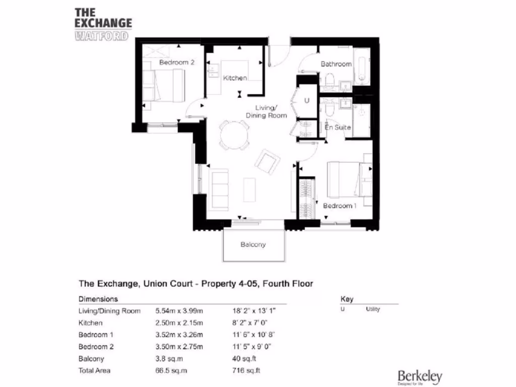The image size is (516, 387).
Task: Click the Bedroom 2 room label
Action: (177, 62)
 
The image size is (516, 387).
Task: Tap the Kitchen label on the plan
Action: (235, 78)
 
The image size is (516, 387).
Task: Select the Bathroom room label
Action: (336, 64)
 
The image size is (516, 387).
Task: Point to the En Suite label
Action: (338, 127)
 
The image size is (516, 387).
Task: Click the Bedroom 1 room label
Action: (340, 206)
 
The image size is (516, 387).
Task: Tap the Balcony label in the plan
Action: (253, 244)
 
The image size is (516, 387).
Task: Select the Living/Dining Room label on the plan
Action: (266, 112)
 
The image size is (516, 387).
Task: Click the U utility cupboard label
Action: (306, 101)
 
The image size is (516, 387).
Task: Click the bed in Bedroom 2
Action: (164, 85)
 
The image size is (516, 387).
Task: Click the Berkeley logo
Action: (420, 376)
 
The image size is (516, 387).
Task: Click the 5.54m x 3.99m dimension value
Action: (179, 311)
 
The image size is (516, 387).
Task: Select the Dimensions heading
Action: (98, 299)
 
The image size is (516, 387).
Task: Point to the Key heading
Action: (347, 299)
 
